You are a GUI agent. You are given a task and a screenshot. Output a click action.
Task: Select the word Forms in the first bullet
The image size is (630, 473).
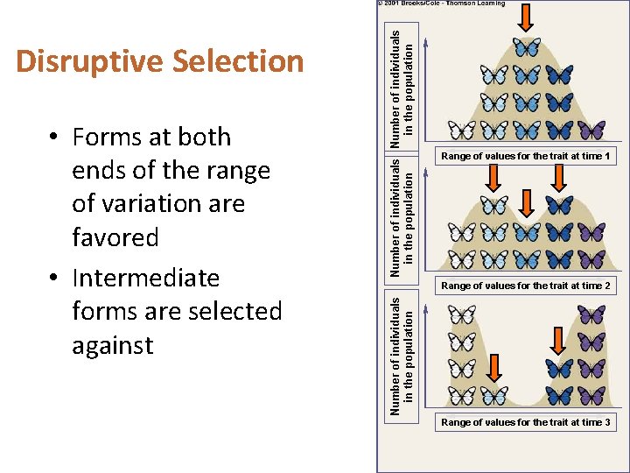[x=109, y=138]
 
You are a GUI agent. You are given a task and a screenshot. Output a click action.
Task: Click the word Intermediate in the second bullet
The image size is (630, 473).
[x=145, y=278]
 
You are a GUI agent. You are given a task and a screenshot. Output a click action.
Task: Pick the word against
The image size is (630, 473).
[x=112, y=345]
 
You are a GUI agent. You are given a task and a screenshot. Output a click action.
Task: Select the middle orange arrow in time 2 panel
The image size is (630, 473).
[x=527, y=203]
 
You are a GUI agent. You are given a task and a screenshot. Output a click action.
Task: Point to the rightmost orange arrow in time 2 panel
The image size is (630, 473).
[x=560, y=179]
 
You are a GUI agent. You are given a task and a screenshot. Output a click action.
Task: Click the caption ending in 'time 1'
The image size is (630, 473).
[x=526, y=156]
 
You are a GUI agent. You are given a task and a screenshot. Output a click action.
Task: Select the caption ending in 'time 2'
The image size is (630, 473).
[x=526, y=286]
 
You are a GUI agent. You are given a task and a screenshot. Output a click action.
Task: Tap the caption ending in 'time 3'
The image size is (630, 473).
[x=526, y=422]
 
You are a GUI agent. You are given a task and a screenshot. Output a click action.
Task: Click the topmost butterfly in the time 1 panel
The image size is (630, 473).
[x=527, y=46]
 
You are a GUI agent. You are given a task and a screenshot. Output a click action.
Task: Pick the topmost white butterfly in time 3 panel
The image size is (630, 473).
[x=461, y=314]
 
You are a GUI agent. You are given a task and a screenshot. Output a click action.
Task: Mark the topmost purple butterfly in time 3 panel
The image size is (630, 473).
[x=592, y=314]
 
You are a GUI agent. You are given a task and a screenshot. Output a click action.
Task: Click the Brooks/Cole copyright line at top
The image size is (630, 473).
[x=443, y=4]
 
